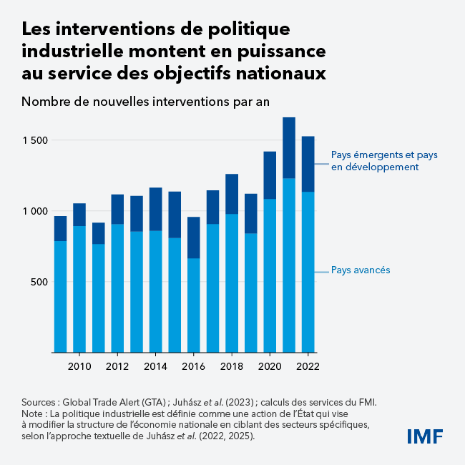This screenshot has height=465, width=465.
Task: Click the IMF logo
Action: click(x=425, y=436)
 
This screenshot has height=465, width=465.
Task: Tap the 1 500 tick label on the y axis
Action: click(x=34, y=140)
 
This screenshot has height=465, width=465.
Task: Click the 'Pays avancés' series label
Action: click(x=360, y=270)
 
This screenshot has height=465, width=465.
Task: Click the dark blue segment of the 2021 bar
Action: click(x=289, y=147)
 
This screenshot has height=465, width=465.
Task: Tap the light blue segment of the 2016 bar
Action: click(x=193, y=305)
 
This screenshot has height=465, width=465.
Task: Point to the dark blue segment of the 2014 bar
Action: click(x=155, y=209)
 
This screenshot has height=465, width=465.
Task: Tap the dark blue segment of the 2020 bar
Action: click(x=270, y=175)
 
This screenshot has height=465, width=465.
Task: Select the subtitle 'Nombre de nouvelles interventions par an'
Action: click(x=145, y=101)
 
